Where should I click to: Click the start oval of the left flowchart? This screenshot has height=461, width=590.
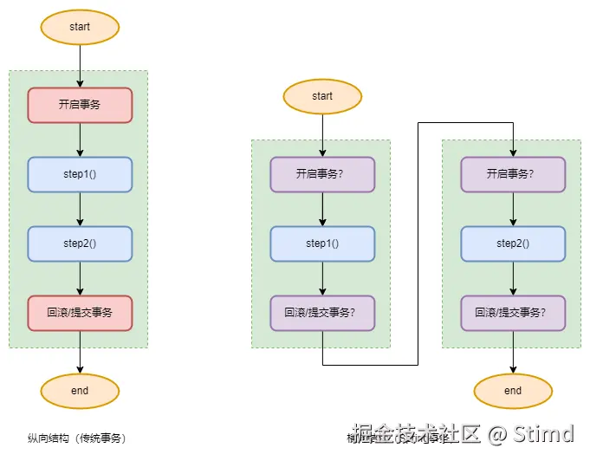(80, 27)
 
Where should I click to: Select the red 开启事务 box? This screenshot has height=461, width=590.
(80, 105)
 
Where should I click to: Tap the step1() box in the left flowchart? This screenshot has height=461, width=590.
(80, 174)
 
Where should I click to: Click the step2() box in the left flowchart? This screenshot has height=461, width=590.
(80, 243)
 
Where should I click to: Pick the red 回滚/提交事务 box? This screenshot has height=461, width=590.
(80, 313)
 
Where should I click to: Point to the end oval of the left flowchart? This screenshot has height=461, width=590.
(80, 391)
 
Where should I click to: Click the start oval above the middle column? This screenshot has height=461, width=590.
(322, 96)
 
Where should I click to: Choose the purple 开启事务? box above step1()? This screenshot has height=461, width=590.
(322, 174)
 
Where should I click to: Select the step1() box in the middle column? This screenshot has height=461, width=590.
(322, 243)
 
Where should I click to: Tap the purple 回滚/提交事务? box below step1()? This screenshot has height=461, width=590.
(322, 313)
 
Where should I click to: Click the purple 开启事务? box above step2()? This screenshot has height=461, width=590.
(513, 174)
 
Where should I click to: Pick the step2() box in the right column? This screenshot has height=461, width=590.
(513, 243)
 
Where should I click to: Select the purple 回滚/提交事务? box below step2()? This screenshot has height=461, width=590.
(513, 313)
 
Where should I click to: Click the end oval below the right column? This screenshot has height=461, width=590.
(513, 391)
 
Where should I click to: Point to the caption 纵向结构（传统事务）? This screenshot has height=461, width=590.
(83, 438)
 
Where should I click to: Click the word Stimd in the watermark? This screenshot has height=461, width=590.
(543, 433)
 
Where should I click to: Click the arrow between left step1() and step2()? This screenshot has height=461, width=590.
(80, 209)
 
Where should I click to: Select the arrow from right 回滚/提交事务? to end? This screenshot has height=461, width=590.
(513, 352)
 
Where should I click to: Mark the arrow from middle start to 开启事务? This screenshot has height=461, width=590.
(322, 135)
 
